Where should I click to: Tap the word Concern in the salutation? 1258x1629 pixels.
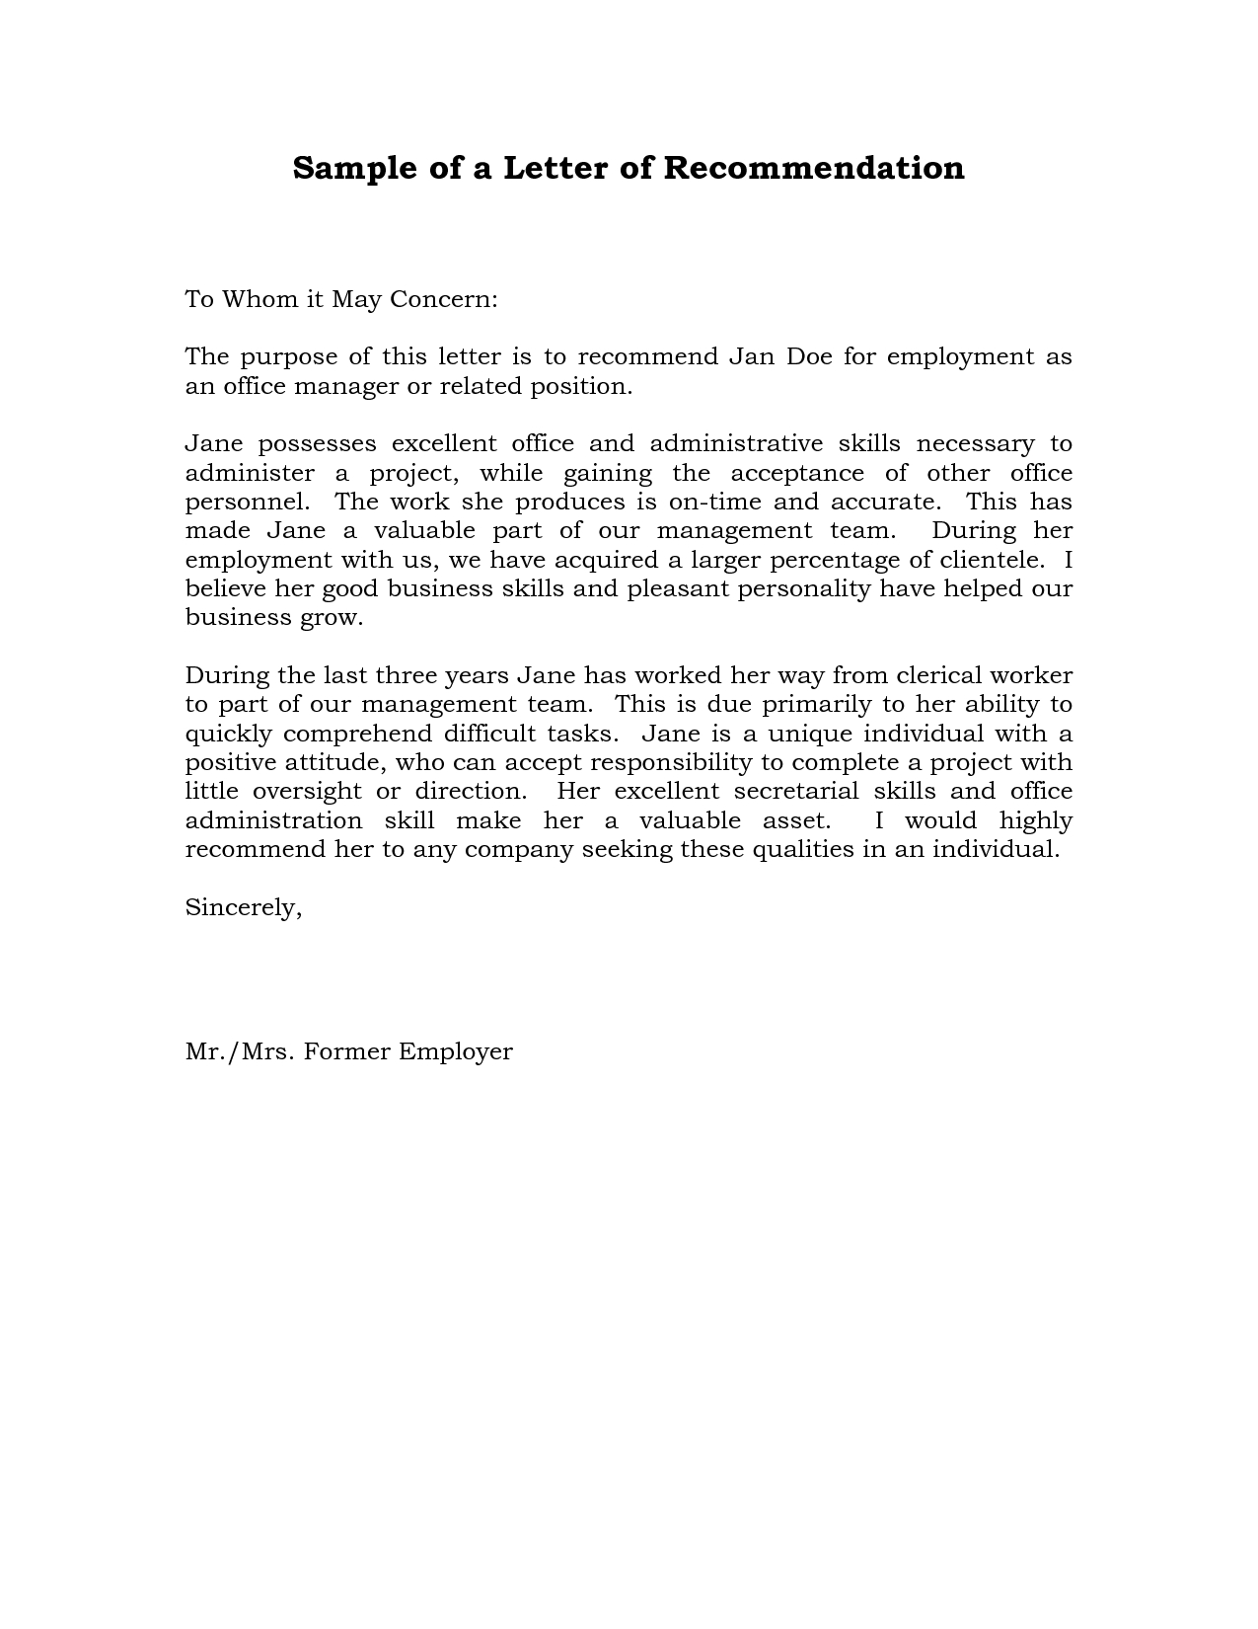[443, 299]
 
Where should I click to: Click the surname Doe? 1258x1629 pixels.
[808, 356]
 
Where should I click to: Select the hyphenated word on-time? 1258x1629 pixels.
[714, 502]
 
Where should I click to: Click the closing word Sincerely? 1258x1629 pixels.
[243, 908]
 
